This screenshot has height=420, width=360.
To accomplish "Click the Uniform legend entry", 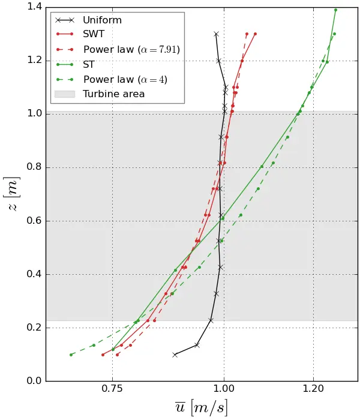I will [x=102, y=20].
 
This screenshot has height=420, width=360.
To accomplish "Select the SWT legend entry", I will [x=93, y=35].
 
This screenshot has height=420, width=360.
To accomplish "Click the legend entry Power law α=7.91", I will [x=131, y=49].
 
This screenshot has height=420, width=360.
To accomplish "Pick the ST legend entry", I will [x=89, y=64].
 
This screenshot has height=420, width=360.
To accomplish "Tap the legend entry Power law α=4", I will [x=125, y=79].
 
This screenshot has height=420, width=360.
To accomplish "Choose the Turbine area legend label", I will [x=113, y=94].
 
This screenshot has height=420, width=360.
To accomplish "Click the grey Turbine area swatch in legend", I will [x=64, y=94].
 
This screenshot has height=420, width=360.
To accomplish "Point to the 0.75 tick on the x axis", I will [x=112, y=389].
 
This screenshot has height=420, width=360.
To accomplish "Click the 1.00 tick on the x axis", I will [x=224, y=389].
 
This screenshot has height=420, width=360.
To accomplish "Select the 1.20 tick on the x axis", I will [x=313, y=389].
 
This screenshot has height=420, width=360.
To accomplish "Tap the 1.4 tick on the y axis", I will [x=34, y=7].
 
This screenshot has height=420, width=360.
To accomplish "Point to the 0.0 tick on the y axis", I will [x=34, y=381].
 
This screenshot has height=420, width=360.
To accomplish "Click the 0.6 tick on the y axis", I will [x=34, y=221].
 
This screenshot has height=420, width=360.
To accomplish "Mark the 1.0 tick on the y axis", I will [x=34, y=114].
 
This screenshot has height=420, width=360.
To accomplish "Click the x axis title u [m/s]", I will [x=201, y=408].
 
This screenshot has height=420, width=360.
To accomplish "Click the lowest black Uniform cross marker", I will [x=175, y=355].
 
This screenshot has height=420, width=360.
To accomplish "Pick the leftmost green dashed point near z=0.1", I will [x=71, y=355].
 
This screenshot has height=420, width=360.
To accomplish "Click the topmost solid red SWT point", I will [x=255, y=34].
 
